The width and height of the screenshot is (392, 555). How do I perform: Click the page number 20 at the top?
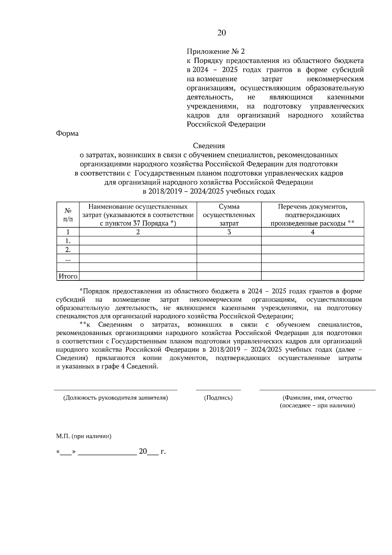point(221,33)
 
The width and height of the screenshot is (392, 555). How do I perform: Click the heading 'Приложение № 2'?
point(215,52)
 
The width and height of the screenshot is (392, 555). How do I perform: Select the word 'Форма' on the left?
point(67,134)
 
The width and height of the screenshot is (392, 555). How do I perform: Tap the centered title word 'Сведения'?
point(209,146)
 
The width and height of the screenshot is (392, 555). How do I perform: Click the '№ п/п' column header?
point(68,215)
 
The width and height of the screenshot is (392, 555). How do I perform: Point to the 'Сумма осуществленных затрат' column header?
point(229,215)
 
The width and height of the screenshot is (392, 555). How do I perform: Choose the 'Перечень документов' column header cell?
point(313,215)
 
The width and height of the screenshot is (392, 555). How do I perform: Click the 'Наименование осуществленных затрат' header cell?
point(138,215)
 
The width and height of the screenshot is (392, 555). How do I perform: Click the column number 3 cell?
point(229,232)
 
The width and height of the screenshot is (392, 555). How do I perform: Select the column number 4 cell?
point(313,232)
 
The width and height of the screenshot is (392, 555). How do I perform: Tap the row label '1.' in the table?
point(68,241)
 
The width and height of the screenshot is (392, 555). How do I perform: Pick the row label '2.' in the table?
point(68,250)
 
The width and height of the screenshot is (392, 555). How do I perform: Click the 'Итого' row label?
point(68,276)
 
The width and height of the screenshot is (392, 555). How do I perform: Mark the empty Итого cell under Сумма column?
point(229,276)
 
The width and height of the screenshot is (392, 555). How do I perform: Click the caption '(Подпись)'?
point(218,398)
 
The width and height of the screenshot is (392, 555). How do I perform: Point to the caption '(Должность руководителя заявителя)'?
point(116,398)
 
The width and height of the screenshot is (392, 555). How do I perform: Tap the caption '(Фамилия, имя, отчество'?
point(317,398)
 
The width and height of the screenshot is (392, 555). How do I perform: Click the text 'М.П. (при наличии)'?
point(84,436)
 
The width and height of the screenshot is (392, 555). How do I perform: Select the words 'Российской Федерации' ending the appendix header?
point(226,125)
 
